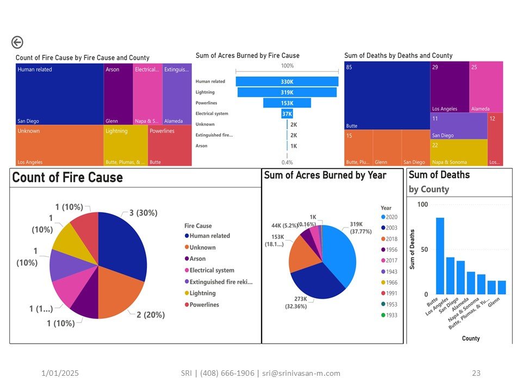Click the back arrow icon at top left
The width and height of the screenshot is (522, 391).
(17, 43)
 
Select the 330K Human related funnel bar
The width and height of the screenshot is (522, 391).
(287, 81)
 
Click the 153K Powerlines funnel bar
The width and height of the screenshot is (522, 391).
(287, 103)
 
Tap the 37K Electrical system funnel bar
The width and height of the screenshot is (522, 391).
(287, 113)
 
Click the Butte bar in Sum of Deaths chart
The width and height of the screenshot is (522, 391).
(440, 256)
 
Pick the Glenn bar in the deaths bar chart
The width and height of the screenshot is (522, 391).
(502, 287)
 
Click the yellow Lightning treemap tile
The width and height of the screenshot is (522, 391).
(125, 146)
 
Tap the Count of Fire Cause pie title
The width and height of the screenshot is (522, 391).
(67, 178)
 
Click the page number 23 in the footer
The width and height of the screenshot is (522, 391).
(476, 373)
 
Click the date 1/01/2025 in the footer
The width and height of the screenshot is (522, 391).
(60, 373)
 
